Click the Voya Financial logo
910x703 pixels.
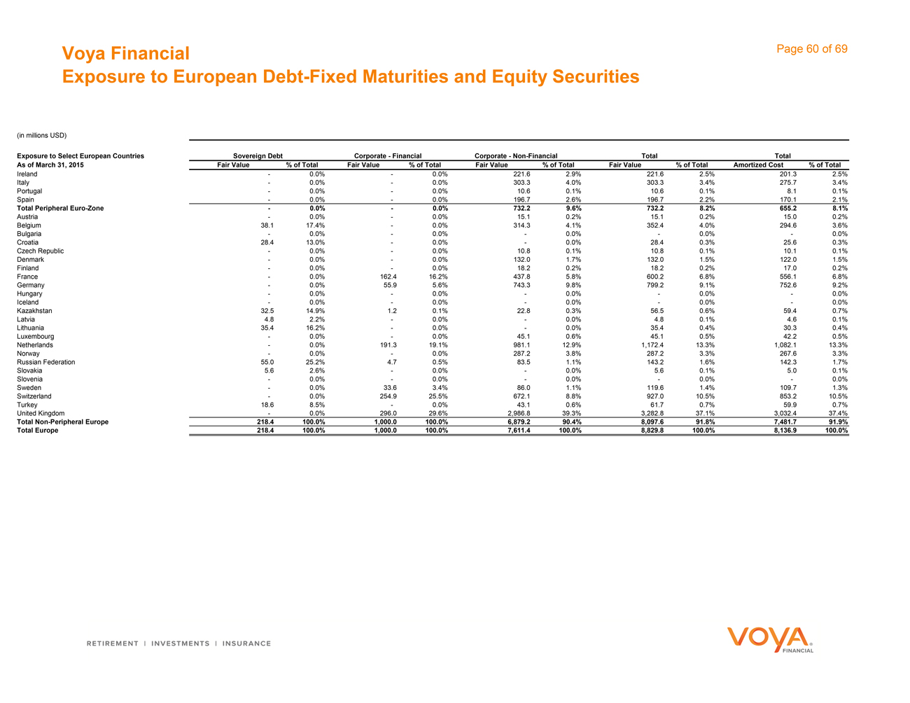point(769,639)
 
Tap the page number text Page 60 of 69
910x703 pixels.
point(812,49)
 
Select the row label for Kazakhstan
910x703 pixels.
point(34,311)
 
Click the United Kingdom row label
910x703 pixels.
point(41,414)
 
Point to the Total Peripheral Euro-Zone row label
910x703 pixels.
point(60,208)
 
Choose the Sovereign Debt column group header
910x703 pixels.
point(257,155)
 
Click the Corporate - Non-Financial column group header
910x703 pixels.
point(516,155)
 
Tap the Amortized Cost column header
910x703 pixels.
point(758,165)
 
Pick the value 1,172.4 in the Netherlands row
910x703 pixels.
point(650,345)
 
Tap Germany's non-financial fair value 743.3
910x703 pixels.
point(521,285)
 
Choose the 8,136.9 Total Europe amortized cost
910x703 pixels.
point(783,431)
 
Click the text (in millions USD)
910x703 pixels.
point(41,135)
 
